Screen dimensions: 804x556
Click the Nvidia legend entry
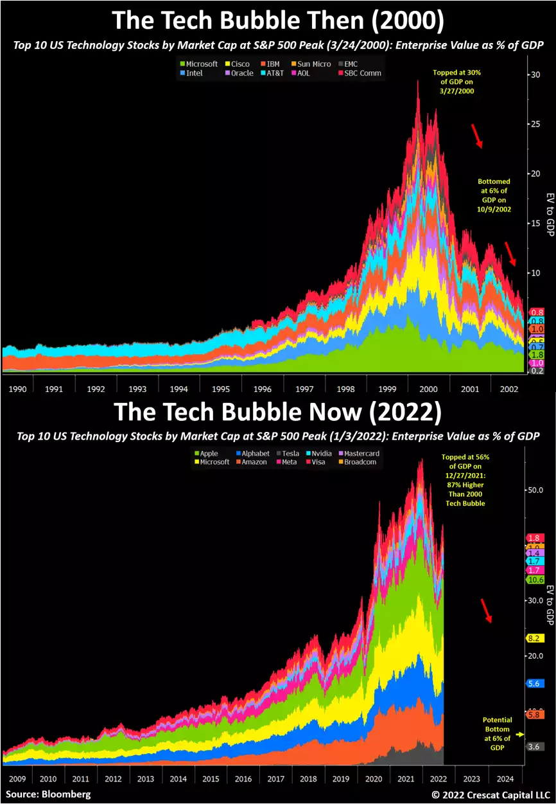(x=321, y=453)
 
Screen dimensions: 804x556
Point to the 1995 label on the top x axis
(x=220, y=389)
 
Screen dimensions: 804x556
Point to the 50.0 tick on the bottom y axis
(x=536, y=490)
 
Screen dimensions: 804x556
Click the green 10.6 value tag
(x=535, y=580)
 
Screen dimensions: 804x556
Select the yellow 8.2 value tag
(x=535, y=638)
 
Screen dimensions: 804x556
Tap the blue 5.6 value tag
(x=535, y=684)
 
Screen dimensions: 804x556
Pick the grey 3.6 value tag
(x=535, y=747)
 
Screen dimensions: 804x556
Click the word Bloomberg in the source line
(x=67, y=794)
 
